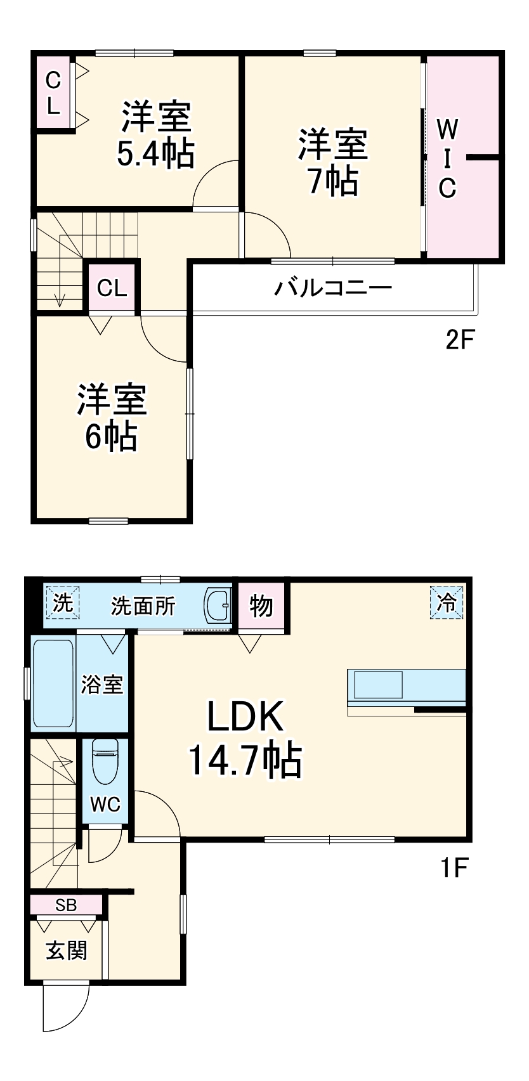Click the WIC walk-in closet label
447,159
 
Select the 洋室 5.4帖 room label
155,134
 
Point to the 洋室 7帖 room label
332,162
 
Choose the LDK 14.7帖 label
245,738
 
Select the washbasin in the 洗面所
219,606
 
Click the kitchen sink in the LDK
378,685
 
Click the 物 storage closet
261,606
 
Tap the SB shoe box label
66,905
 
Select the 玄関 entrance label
66,950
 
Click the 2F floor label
460,340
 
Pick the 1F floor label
454,867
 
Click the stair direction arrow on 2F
60,298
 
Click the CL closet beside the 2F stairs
112,288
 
